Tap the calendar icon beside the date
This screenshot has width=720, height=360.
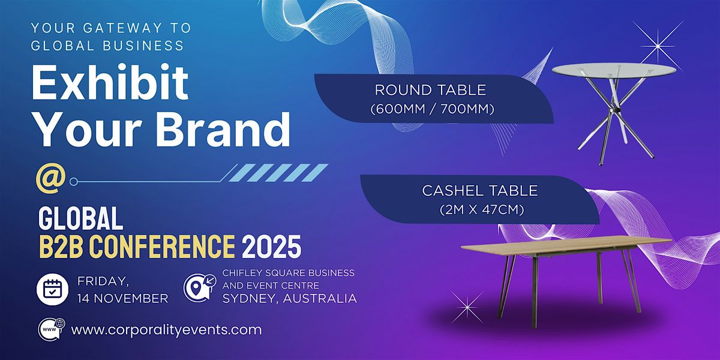pyautogui.click(x=52, y=289)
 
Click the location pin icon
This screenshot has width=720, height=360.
pyautogui.click(x=200, y=287)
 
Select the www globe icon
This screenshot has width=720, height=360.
pyautogui.click(x=52, y=329)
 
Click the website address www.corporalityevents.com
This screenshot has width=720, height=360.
pyautogui.click(x=167, y=330)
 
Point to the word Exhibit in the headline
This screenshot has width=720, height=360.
pyautogui.click(x=110, y=82)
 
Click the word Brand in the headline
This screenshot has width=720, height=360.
pyautogui.click(x=223, y=129)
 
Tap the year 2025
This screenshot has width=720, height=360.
pyautogui.click(x=272, y=247)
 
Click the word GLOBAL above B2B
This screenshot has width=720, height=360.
pyautogui.click(x=80, y=218)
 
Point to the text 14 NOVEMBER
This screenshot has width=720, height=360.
pyautogui.click(x=123, y=299)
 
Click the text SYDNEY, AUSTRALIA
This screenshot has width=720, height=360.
pyautogui.click(x=290, y=299)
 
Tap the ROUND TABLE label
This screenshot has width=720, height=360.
pyautogui.click(x=430, y=90)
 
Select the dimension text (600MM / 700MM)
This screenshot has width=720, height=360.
pyautogui.click(x=433, y=109)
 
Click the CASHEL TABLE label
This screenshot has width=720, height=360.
pyautogui.click(x=480, y=191)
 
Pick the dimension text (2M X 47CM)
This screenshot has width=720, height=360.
pyautogui.click(x=482, y=210)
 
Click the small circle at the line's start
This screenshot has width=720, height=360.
pyautogui.click(x=74, y=182)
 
